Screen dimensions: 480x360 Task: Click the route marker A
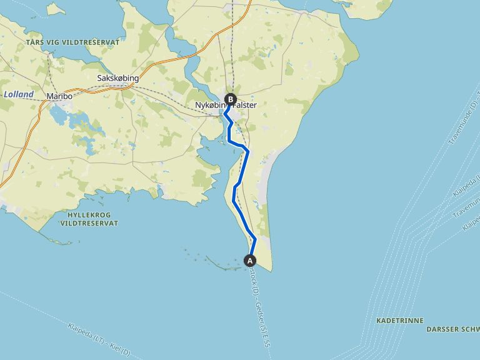pyautogui.click(x=250, y=260)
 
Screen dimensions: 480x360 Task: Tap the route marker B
pyautogui.click(x=230, y=99)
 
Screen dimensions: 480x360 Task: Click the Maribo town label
pyautogui.click(x=60, y=97)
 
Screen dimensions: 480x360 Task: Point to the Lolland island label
pyautogui.click(x=19, y=94)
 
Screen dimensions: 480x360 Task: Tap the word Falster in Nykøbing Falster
pyautogui.click(x=244, y=106)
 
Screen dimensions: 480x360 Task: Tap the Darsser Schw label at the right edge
pyautogui.click(x=452, y=329)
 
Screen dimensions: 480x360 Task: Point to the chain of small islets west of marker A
pyautogui.click(x=209, y=259)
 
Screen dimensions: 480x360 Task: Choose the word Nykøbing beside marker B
pyautogui.click(x=209, y=106)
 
